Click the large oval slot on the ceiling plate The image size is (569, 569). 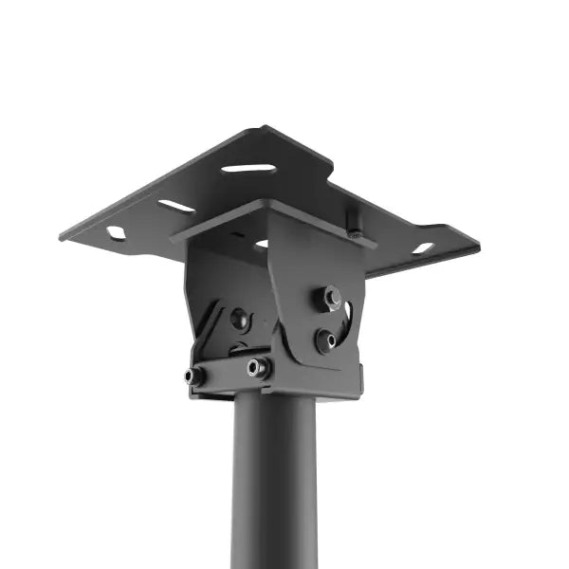(248, 169)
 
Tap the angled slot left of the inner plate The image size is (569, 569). (176, 206)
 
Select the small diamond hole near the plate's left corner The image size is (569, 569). (116, 232)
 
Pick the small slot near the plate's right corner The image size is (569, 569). (423, 248)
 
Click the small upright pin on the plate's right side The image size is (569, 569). (355, 224)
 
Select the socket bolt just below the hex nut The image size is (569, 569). (326, 340)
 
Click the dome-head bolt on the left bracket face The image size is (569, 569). (240, 319)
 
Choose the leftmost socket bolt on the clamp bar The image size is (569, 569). (194, 376)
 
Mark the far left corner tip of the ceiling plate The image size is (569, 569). (61, 236)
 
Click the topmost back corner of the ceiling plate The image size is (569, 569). (265, 127)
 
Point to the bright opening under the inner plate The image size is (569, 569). (261, 244)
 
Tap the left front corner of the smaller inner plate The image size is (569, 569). (174, 237)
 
